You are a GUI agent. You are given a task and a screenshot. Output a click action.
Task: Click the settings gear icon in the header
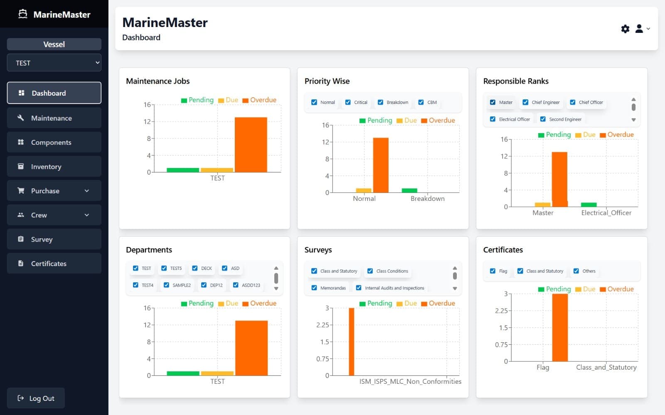tap(625, 29)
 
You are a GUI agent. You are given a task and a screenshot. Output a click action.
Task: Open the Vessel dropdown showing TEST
tap(54, 63)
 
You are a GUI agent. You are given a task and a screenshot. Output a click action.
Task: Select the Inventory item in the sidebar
tap(54, 166)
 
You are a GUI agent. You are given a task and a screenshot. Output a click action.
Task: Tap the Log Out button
tap(36, 398)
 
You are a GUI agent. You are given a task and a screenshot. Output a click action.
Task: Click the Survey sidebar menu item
tap(54, 239)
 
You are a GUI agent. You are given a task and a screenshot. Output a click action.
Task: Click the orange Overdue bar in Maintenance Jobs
tap(251, 144)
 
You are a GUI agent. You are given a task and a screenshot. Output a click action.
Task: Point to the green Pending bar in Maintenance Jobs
tap(182, 170)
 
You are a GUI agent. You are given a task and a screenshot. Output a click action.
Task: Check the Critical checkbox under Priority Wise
tap(348, 102)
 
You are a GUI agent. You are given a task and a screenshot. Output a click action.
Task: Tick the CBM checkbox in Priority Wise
tap(421, 102)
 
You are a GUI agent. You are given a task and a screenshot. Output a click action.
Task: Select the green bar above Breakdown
tap(409, 190)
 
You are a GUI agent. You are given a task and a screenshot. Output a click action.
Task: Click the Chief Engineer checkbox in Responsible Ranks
tap(526, 102)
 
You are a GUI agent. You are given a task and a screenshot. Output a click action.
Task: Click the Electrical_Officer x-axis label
tap(606, 212)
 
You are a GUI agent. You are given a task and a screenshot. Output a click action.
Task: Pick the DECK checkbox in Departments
tap(195, 268)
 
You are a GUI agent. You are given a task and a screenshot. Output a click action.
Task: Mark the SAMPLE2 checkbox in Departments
tap(167, 285)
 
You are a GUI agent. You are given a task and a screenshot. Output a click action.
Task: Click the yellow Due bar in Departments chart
tap(217, 373)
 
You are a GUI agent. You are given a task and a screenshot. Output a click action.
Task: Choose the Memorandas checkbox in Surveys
tap(314, 288)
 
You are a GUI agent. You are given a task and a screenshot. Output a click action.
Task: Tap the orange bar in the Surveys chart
tap(352, 341)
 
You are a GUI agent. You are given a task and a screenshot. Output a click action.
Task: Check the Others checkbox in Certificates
tap(576, 271)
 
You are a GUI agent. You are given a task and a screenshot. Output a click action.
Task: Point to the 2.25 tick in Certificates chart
tap(501, 311)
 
